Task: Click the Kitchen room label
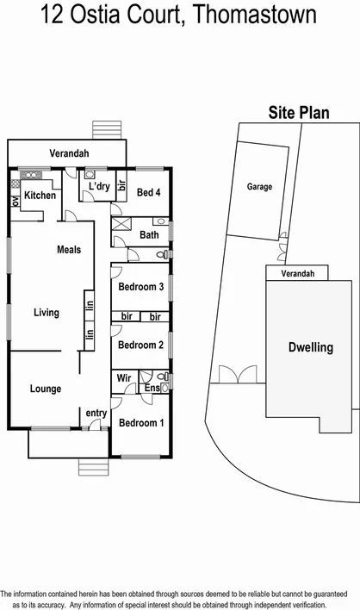click(40, 196)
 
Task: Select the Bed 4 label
click(148, 192)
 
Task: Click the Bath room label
click(148, 234)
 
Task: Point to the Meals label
click(69, 250)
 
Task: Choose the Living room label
click(47, 313)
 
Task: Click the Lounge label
click(46, 389)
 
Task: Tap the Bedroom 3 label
click(141, 287)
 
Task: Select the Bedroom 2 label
click(141, 345)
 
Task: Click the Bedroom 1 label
click(141, 423)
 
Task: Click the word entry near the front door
click(96, 414)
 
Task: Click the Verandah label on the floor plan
click(69, 152)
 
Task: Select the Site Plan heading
click(297, 113)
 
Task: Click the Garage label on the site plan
click(259, 186)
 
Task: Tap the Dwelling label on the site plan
click(310, 348)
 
